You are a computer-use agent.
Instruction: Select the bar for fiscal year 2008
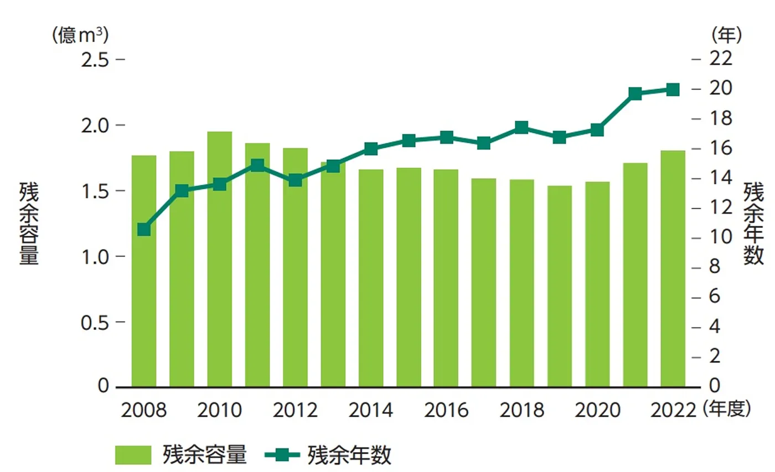tap(143, 271)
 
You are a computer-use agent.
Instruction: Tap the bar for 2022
tap(673, 268)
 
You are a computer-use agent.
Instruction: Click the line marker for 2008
tap(144, 230)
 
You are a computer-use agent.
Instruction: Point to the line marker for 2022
tap(673, 90)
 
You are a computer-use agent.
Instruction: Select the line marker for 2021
tap(635, 94)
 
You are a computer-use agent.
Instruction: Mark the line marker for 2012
tap(295, 180)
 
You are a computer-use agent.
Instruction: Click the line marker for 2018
tap(521, 128)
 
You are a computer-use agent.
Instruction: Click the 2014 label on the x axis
tap(370, 411)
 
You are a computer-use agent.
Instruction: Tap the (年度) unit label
tap(726, 409)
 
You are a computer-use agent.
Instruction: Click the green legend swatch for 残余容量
tap(133, 455)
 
